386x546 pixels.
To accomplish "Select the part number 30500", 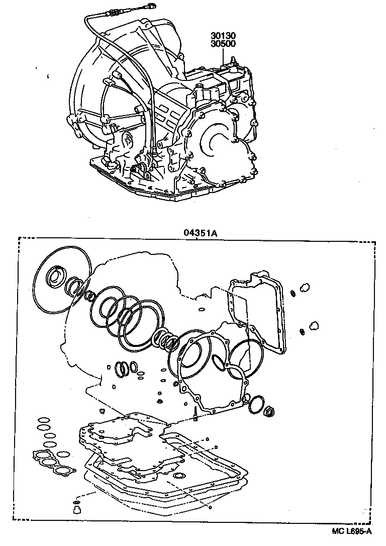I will pyautogui.click(x=223, y=44).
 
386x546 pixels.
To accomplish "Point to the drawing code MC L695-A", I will pyautogui.click(x=351, y=531).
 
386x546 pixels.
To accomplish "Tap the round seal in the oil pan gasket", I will pyautogui.click(x=177, y=476).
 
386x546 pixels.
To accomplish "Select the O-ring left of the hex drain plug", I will pyautogui.click(x=255, y=404).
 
